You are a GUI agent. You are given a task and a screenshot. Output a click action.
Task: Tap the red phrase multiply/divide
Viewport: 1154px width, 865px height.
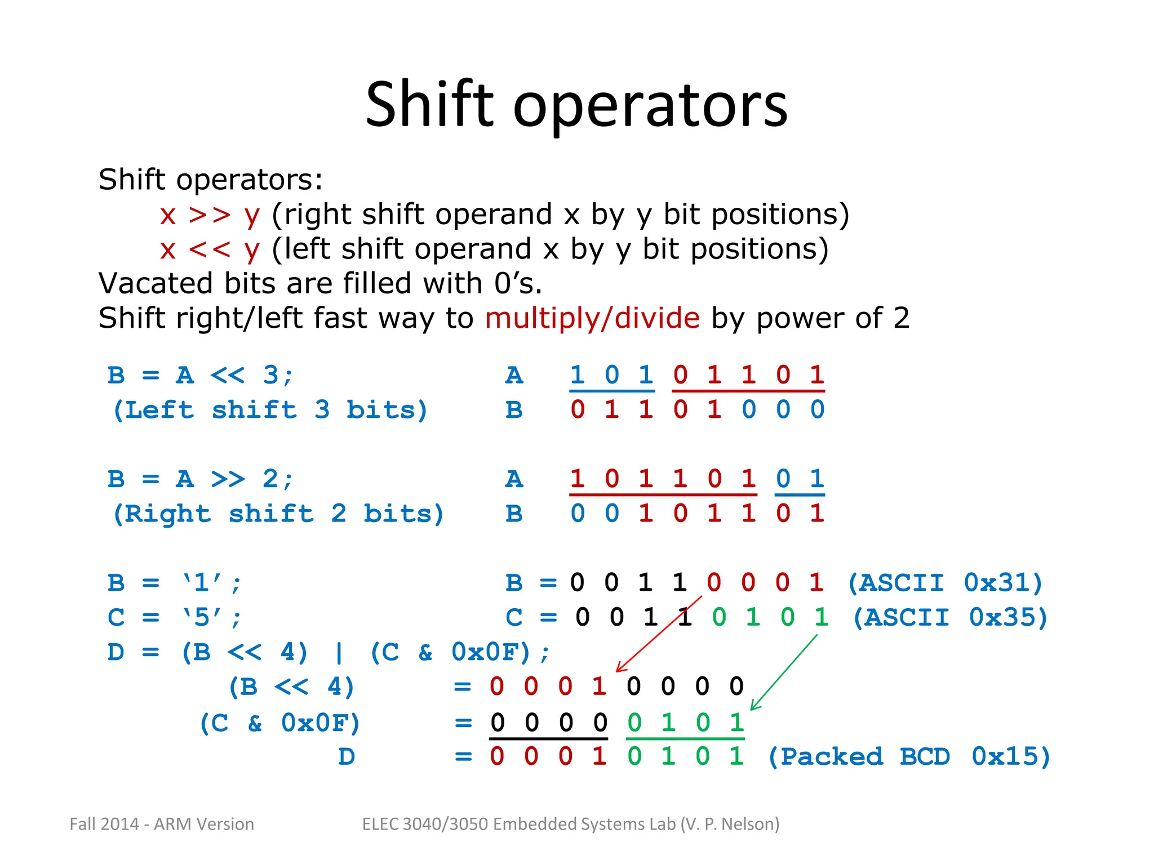[x=592, y=318]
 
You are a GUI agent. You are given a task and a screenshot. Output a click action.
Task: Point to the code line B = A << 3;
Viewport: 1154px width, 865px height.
[x=200, y=376]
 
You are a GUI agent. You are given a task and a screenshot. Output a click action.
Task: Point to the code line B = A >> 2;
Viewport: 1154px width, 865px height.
[x=200, y=480]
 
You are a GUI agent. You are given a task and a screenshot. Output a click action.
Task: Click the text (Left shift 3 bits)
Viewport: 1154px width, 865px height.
[x=270, y=410]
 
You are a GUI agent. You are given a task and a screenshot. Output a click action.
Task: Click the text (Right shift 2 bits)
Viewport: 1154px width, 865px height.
[x=278, y=514]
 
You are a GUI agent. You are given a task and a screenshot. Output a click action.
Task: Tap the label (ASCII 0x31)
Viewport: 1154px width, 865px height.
[x=945, y=583]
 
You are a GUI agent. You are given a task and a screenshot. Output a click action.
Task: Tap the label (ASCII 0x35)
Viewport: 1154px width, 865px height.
[x=950, y=618]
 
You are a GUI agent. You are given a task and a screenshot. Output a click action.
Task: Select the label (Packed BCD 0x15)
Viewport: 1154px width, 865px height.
[x=909, y=757]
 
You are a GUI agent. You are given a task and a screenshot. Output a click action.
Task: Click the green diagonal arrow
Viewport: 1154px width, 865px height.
[x=784, y=672]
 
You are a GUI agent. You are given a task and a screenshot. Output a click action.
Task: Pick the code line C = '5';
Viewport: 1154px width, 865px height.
[x=175, y=618]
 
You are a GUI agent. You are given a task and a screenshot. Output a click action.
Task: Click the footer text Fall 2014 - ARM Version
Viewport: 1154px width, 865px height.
[x=162, y=824]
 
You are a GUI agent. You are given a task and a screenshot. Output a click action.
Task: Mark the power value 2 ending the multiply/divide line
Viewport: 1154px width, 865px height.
[x=901, y=318]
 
